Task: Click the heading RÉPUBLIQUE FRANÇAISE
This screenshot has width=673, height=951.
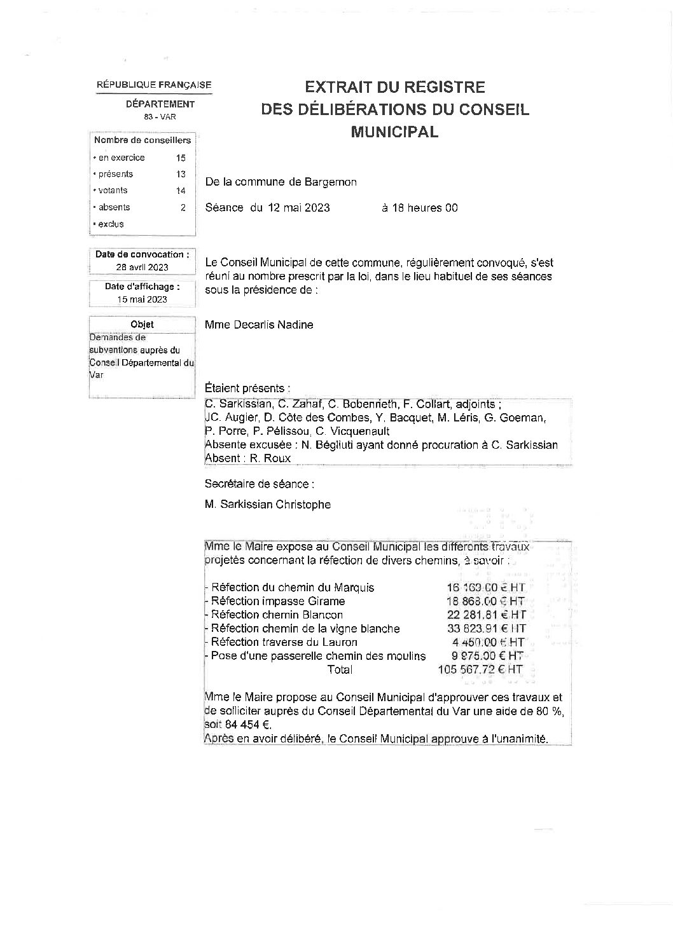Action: click(x=154, y=85)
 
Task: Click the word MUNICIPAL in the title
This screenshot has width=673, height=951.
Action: click(x=394, y=132)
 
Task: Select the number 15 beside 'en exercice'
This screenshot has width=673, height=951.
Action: click(x=181, y=158)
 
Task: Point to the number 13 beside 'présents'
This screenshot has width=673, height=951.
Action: click(x=181, y=174)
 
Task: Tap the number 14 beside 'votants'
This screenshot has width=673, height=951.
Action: click(x=181, y=191)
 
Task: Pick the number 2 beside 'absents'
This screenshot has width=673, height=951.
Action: click(x=183, y=207)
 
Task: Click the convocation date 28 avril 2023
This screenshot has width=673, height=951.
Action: click(x=142, y=268)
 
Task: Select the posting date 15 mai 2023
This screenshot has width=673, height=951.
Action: click(x=142, y=299)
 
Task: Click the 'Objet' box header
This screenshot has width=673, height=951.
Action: click(x=142, y=324)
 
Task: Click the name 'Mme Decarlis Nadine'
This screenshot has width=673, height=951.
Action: click(x=259, y=325)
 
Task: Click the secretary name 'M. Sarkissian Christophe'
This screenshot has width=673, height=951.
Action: click(x=268, y=505)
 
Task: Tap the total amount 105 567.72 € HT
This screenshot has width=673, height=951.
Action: click(x=480, y=669)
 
